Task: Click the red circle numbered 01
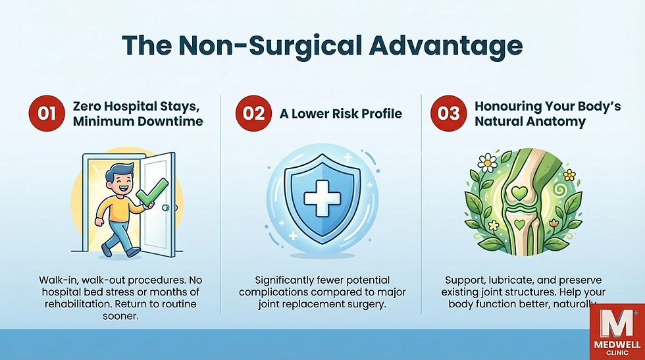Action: click(x=46, y=113)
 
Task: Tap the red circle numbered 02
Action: click(x=253, y=113)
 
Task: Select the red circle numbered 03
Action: click(x=449, y=113)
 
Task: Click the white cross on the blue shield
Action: click(x=322, y=196)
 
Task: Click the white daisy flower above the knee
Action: click(x=487, y=161)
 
